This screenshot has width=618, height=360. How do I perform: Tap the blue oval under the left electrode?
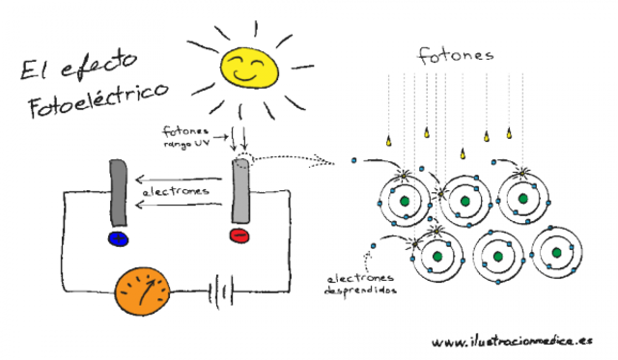(119, 237)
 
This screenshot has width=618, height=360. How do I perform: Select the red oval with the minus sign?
(239, 235)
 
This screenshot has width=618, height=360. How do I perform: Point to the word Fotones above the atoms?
(455, 55)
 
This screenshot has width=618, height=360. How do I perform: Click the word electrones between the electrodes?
(175, 193)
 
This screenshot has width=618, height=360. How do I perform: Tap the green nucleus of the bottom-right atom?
(557, 254)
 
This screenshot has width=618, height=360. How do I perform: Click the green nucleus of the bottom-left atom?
(436, 257)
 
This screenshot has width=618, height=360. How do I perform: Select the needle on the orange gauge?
(148, 287)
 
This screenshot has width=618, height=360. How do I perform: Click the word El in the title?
(33, 69)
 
